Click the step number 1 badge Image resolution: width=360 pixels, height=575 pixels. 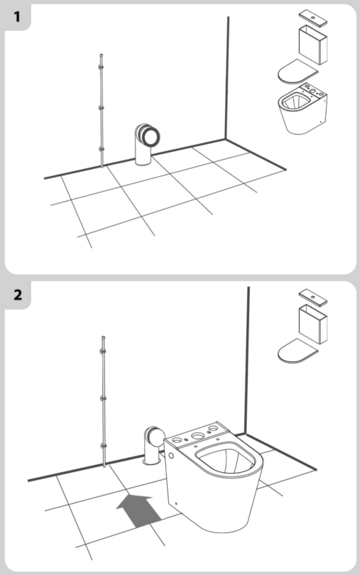pos(16,15)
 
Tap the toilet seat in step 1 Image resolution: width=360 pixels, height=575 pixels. pos(297,71)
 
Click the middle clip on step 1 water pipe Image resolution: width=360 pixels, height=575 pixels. pos(102,108)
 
